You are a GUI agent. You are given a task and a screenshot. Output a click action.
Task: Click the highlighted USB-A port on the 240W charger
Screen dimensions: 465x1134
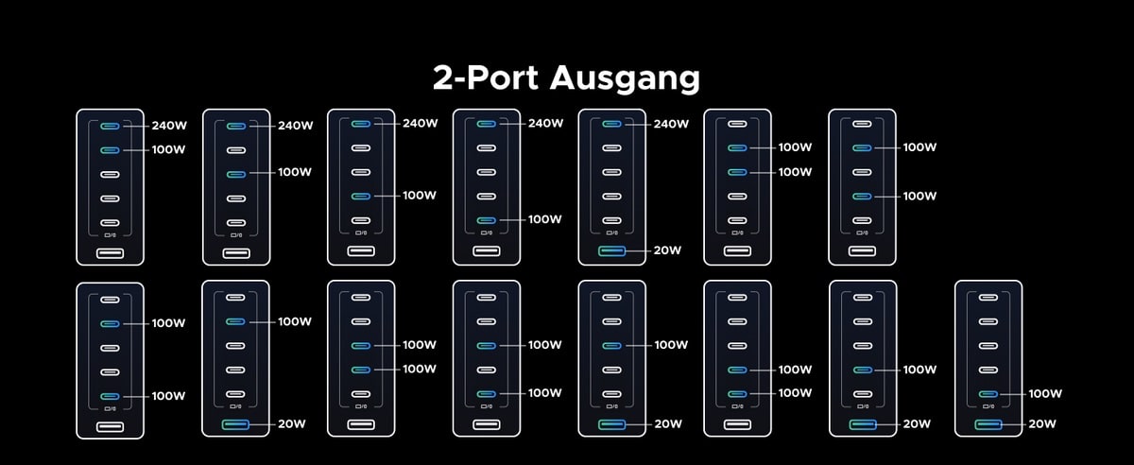[x=611, y=250]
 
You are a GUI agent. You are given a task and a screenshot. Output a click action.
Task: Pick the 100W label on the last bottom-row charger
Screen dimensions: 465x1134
[x=1045, y=393]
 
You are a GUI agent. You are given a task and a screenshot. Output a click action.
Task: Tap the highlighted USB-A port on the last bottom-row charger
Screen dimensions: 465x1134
[x=988, y=424]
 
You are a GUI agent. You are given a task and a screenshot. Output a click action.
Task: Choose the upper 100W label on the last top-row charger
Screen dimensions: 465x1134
[x=919, y=147]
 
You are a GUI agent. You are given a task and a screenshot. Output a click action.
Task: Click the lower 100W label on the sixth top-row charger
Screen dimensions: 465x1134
[x=795, y=172]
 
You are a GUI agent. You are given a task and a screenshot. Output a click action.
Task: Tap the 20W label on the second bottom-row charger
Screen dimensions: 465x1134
[x=293, y=424]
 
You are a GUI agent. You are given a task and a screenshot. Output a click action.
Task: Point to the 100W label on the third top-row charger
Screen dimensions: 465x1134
[x=420, y=196]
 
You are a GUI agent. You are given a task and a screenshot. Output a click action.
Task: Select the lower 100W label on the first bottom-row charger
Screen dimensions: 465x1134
[x=168, y=396]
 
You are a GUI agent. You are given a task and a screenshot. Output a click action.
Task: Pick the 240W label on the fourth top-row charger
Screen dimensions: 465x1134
[x=544, y=124]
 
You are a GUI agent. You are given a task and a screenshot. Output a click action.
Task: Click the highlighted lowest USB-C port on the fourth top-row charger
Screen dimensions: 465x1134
[x=486, y=219]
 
